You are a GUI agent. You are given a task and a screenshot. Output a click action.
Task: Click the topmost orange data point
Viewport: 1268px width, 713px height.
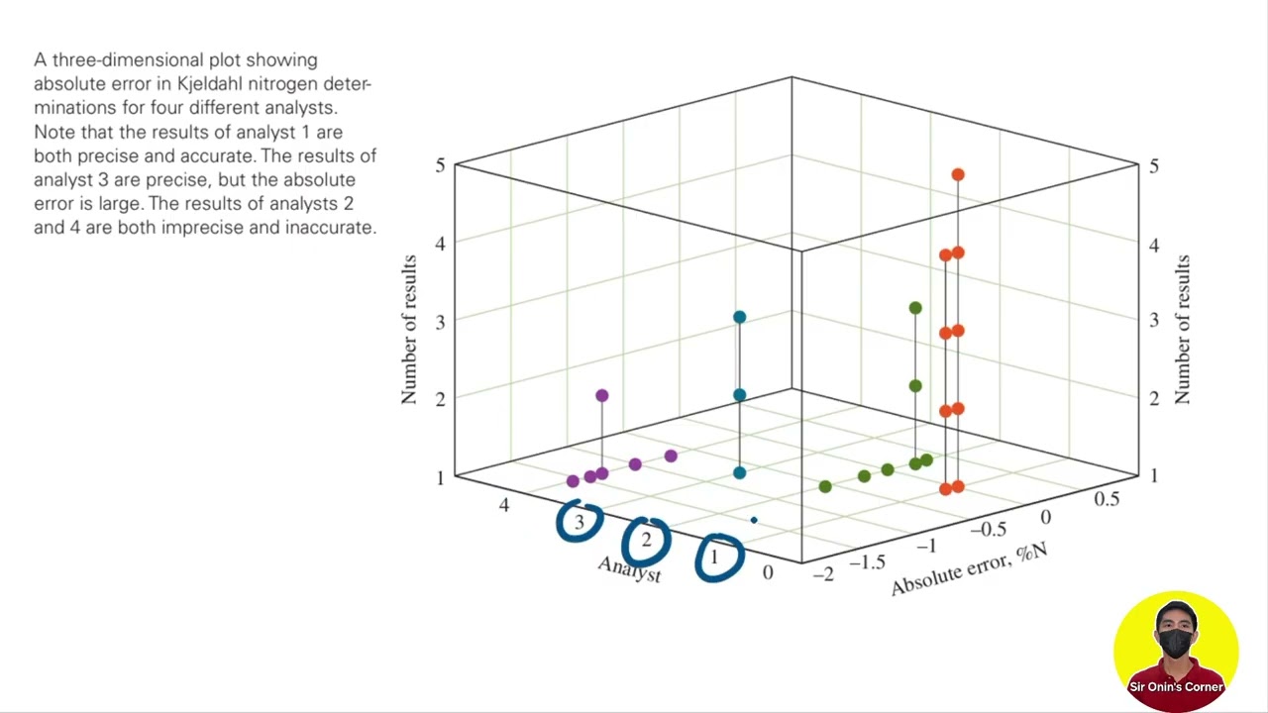[x=958, y=175]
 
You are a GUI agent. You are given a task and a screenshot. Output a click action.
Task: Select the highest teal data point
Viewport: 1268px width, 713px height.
[x=739, y=317]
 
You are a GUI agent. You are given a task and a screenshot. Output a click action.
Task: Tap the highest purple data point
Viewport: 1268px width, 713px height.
[x=601, y=396]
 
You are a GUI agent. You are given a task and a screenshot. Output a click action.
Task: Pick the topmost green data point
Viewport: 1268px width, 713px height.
[x=915, y=308]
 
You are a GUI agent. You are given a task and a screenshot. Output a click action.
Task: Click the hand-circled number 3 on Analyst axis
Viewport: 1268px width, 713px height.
[x=580, y=522]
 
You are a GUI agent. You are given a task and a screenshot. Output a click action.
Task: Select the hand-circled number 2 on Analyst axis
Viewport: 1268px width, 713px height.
[x=646, y=540]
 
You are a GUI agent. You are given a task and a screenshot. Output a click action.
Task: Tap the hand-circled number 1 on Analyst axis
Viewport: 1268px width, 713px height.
[x=713, y=559]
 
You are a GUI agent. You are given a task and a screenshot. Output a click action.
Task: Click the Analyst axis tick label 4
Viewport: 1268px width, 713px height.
[x=504, y=505]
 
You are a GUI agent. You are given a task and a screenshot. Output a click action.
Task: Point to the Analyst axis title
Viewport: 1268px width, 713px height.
[x=629, y=568]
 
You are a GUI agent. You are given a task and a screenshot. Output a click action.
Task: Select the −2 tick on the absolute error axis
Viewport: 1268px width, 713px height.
[x=823, y=574]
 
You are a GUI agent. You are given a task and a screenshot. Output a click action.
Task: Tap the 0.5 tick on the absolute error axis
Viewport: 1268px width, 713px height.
[x=1107, y=499]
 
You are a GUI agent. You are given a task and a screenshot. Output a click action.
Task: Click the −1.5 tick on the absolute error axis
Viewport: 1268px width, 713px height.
[x=868, y=561]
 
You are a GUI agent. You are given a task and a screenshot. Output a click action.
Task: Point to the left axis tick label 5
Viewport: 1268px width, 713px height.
[x=440, y=164]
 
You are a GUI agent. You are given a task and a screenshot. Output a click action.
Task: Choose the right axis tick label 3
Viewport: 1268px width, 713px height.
[x=1154, y=321]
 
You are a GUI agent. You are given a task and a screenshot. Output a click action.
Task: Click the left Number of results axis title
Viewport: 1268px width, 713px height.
[x=409, y=330]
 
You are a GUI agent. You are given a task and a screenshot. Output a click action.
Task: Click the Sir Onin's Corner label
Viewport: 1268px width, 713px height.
[x=1176, y=687]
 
